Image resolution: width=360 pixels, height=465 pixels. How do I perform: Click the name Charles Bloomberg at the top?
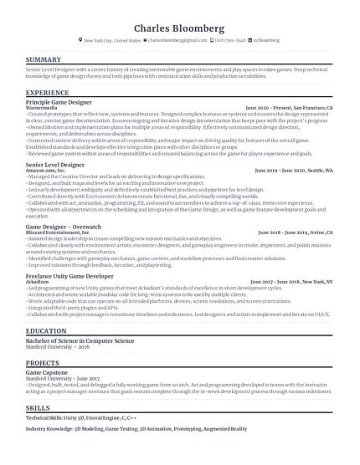pyautogui.click(x=179, y=23)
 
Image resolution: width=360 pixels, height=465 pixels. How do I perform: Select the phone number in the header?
pyautogui.click(x=231, y=39)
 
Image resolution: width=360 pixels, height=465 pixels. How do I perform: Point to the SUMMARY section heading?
pyautogui.click(x=43, y=59)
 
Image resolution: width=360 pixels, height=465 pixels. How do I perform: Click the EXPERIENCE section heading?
pyautogui.click(x=47, y=92)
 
